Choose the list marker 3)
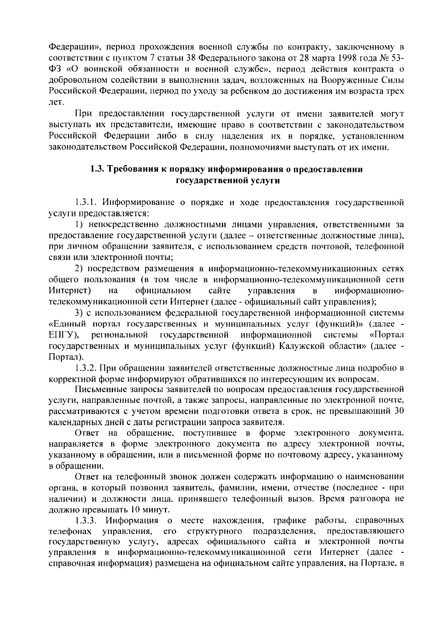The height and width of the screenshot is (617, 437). [79, 313]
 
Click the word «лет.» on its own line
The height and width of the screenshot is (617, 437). [56, 102]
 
